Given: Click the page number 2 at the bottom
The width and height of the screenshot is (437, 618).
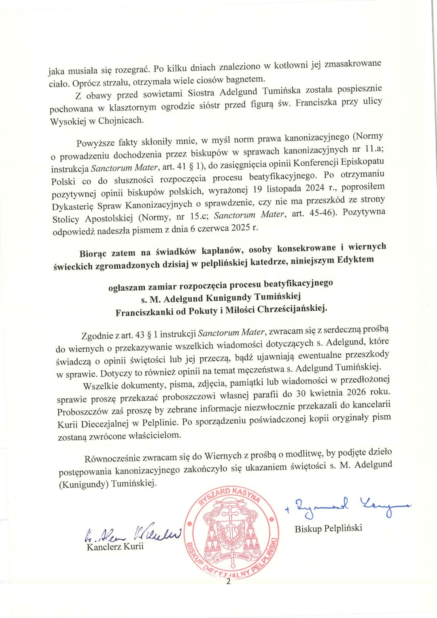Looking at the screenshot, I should coord(228,582).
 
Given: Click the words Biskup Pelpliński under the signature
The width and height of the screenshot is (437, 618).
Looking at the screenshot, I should coord(328,528).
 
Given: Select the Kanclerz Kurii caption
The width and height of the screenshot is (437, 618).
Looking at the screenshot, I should coord(115,547).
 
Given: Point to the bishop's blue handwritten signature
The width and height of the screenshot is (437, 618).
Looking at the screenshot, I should coord(348,506).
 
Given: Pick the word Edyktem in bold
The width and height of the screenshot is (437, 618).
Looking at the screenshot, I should coord(355,259).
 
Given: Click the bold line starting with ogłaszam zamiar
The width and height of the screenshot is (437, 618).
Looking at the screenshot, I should coord(221,285).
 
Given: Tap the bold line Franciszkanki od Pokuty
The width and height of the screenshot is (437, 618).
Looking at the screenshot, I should coord(221,310).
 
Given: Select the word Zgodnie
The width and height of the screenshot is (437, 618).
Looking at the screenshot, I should coord(97,336).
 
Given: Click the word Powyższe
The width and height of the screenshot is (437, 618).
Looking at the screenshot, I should coord(95,143).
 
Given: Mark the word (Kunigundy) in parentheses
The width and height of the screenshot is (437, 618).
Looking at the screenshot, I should coord(83,484).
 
